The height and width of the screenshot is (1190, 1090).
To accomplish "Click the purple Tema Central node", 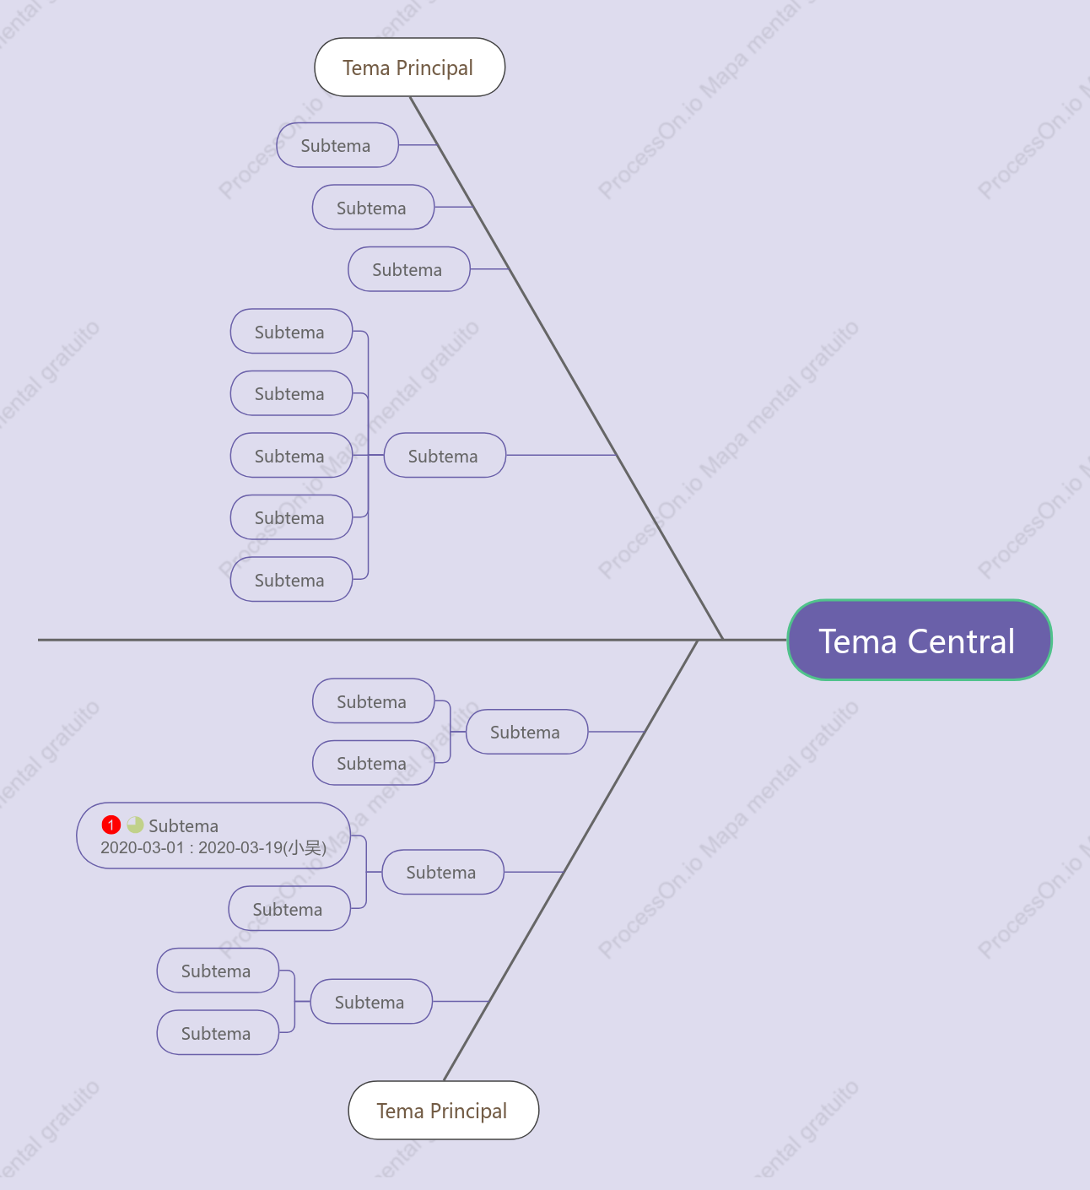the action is (920, 640).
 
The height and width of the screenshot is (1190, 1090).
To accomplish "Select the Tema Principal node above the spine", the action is (410, 67).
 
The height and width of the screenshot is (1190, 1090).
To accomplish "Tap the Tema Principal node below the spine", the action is (444, 1110).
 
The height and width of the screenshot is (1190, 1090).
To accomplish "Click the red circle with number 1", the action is (111, 825).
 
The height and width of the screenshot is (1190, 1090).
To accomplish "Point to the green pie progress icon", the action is (135, 825).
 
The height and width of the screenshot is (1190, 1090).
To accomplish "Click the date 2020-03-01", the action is (143, 847).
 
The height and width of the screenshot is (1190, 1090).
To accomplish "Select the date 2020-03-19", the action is (240, 847).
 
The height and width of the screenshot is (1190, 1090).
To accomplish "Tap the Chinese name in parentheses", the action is (305, 847).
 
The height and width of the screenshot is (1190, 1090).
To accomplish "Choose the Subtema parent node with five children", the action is (445, 455).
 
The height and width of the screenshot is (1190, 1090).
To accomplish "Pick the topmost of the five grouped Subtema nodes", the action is (291, 331).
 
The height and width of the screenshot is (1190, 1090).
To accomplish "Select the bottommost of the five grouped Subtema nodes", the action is (291, 579).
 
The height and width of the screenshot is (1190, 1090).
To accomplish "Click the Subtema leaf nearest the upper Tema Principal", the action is (337, 145).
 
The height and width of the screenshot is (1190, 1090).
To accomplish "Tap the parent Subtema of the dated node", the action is (443, 872).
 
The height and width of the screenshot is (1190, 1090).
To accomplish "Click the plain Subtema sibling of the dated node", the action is (289, 908).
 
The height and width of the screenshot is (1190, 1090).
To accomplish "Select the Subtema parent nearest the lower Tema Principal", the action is (371, 1001).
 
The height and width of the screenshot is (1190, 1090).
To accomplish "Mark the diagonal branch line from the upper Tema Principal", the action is (566, 368).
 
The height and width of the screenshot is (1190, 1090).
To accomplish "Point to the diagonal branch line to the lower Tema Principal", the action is (570, 860).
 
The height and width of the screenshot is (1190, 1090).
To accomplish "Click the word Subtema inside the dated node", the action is (183, 825).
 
